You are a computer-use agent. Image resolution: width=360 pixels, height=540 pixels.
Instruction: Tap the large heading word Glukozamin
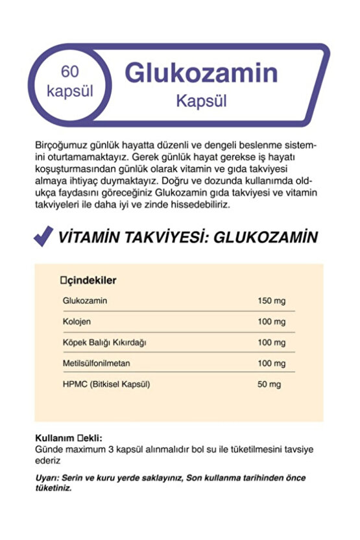coord(201,73)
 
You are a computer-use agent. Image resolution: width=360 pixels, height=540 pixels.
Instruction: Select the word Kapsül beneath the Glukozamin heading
coord(201,102)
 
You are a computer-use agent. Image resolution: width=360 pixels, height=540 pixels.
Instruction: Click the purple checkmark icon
coord(43,237)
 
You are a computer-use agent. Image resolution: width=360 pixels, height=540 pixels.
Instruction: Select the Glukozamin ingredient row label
coord(85,301)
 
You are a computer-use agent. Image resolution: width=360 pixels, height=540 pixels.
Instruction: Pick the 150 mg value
coord(271,301)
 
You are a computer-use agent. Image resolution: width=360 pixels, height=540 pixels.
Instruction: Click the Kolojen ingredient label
coord(76,322)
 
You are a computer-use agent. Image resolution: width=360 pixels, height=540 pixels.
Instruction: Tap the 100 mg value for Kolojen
coord(271,322)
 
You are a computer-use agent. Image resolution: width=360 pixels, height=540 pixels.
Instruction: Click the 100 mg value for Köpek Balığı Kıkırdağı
coord(271,343)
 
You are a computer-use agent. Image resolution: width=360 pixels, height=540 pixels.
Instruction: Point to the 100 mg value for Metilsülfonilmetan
coord(271,363)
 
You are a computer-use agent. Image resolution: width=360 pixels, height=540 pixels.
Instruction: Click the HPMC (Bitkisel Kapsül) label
coord(106,384)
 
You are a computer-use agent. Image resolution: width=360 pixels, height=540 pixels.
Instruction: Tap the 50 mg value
coord(269,384)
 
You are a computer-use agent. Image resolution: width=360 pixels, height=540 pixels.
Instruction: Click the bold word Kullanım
coord(54,438)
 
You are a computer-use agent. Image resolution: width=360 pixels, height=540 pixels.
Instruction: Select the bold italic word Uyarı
coord(47,478)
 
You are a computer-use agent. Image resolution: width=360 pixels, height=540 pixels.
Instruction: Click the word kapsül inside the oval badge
coord(70,91)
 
